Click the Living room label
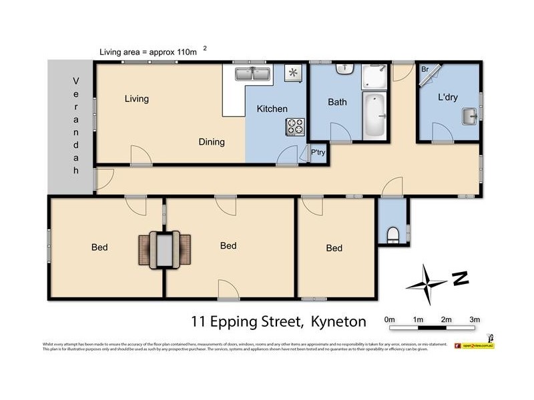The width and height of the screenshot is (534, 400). point(136,99)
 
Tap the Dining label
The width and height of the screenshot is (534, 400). point(211,142)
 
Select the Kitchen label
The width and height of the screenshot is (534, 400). point(272,109)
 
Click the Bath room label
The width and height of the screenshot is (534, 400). point(337,103)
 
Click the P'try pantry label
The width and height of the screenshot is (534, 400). point(318,153)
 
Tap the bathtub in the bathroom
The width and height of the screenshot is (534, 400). point(374,116)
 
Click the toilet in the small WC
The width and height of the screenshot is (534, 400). point(392,234)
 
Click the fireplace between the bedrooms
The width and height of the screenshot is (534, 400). point(164,248)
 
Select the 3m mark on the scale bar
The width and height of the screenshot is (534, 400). point(475,320)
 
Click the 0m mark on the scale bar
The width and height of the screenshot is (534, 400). point(390,320)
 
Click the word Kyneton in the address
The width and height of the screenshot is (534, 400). point(338,322)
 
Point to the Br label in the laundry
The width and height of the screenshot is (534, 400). point(424,69)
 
